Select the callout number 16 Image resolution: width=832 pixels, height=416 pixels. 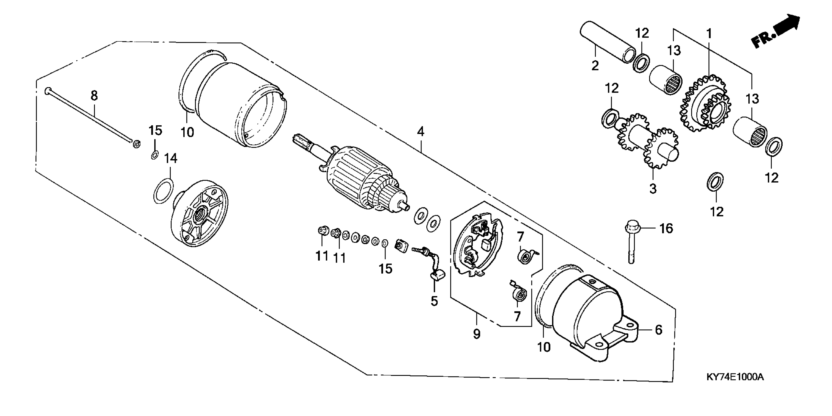click(x=666, y=229)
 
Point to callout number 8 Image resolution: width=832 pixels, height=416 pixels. click(x=94, y=96)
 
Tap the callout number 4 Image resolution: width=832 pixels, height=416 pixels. click(x=420, y=132)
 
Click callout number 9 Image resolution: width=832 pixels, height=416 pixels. click(x=477, y=334)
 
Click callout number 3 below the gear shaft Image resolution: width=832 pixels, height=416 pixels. click(x=653, y=189)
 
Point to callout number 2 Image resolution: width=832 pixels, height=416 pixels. click(x=595, y=66)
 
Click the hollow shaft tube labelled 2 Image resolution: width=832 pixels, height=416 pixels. click(x=607, y=42)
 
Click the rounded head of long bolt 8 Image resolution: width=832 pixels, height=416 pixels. click(x=47, y=91)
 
